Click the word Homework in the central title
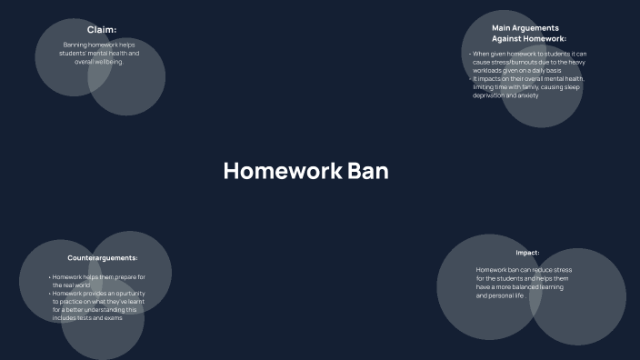[282, 171]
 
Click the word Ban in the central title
[368, 171]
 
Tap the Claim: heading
[102, 30]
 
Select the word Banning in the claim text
[75, 45]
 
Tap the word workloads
[490, 70]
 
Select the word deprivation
[488, 95]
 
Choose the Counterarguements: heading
[103, 258]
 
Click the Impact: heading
[527, 253]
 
